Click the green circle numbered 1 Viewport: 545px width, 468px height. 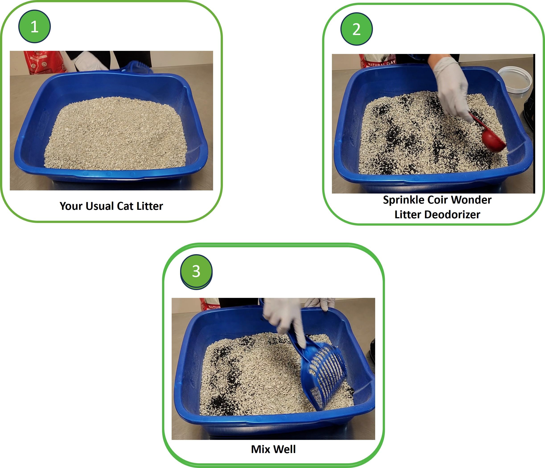click(35, 27)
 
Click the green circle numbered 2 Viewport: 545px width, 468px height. click(356, 29)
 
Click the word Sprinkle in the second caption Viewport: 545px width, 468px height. click(401, 200)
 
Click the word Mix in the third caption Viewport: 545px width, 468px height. click(260, 449)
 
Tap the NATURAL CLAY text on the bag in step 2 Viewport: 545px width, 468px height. click(381, 63)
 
